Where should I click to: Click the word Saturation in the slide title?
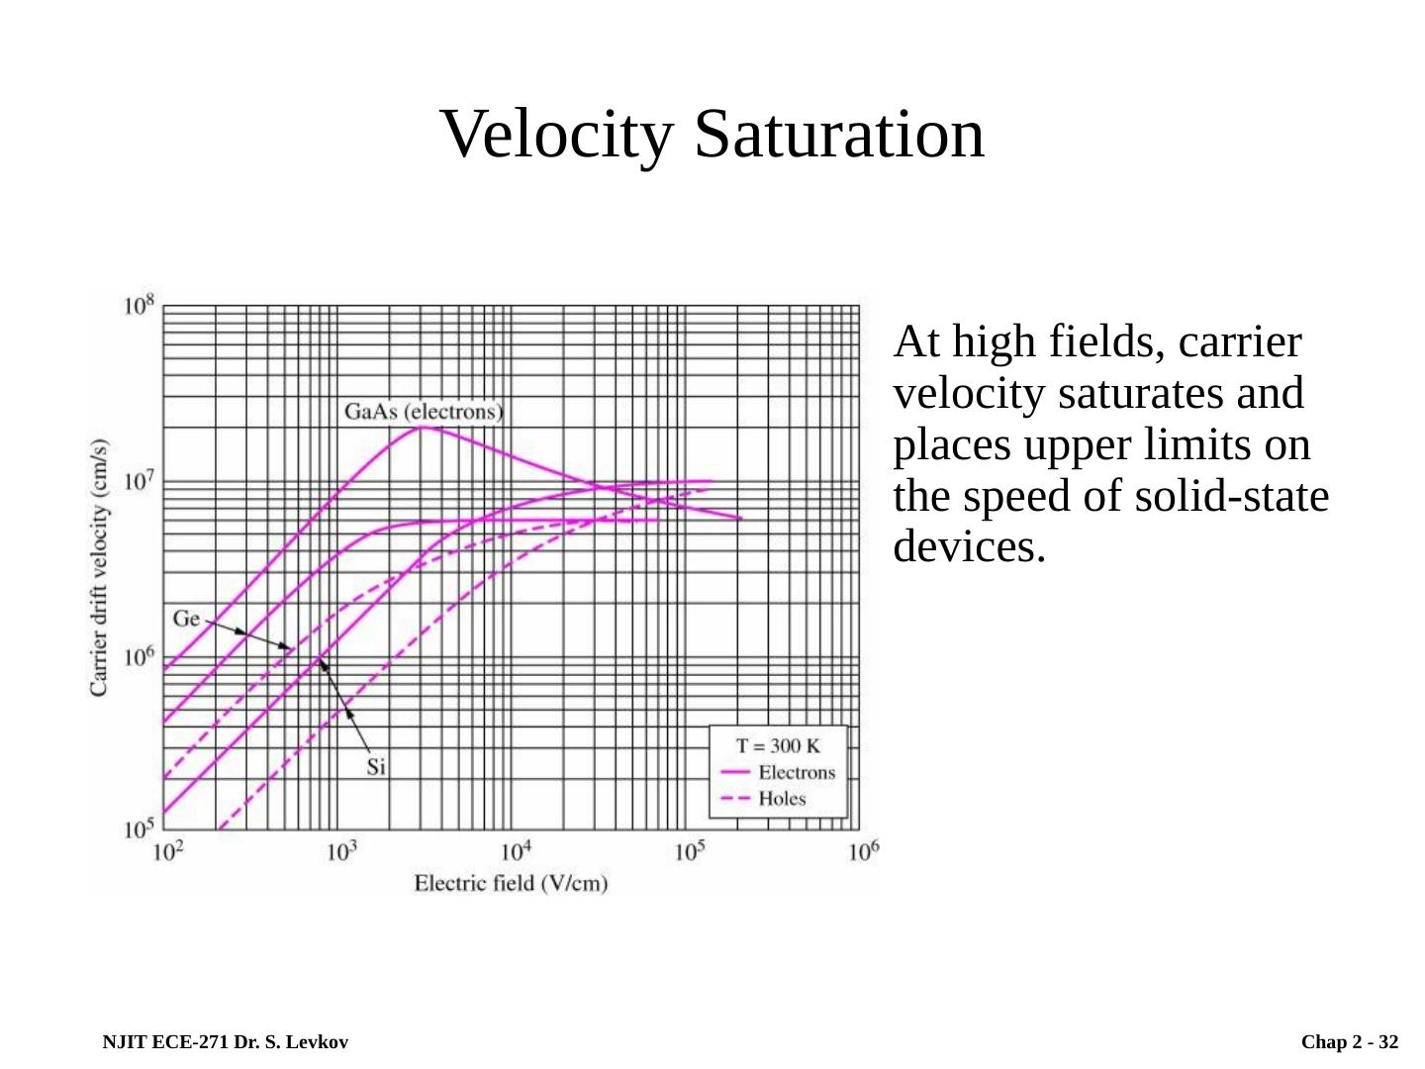[x=839, y=134]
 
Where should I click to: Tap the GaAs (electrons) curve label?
[x=424, y=410]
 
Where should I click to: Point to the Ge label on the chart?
[x=186, y=620]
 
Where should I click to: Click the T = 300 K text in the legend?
[x=780, y=746]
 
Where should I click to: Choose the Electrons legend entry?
[x=796, y=773]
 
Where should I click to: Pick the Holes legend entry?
[x=782, y=799]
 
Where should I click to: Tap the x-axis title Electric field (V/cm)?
[x=511, y=882]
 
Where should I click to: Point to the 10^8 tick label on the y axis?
[x=139, y=305]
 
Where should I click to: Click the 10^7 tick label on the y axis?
[x=139, y=482]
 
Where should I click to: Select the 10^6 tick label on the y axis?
[x=139, y=656]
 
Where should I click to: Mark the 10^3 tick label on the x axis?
[x=341, y=850]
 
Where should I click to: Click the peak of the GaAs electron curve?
[x=423, y=427]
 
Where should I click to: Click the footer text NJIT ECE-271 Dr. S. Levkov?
[x=224, y=1042]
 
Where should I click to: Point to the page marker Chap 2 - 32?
[x=1350, y=1042]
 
